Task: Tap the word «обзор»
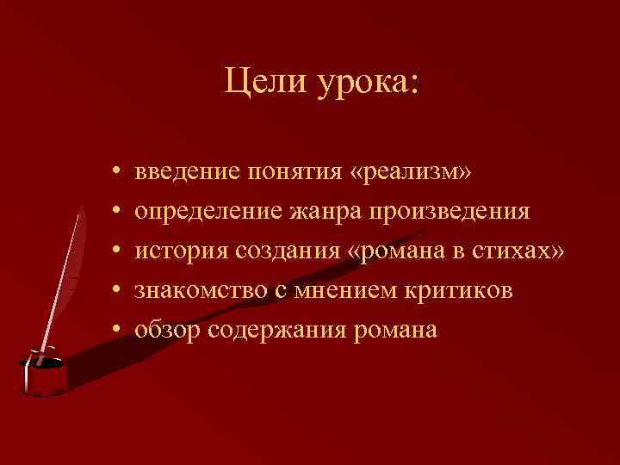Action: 165,329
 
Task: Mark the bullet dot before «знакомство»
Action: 115,291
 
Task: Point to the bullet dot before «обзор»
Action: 115,330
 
